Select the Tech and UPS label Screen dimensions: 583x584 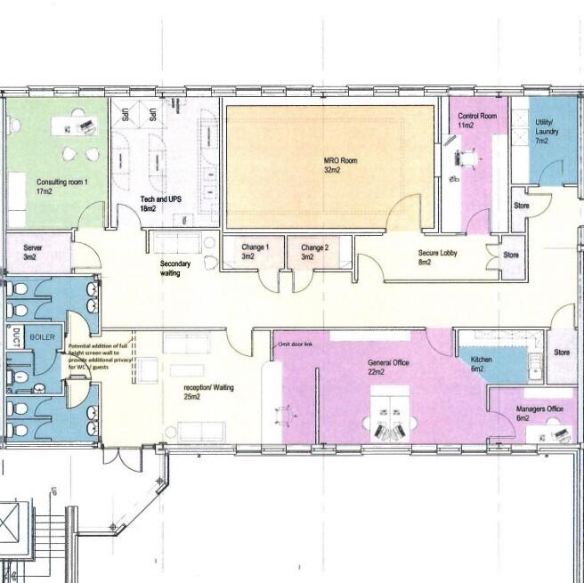pyautogui.click(x=155, y=198)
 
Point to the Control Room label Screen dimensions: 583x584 pyautogui.click(x=477, y=117)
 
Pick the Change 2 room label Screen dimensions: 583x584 pyautogui.click(x=314, y=247)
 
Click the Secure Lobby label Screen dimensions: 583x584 pyautogui.click(x=437, y=253)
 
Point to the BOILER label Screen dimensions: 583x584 pyautogui.click(x=42, y=338)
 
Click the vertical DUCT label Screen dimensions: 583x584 pyautogui.click(x=16, y=336)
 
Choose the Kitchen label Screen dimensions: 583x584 pyautogui.click(x=481, y=360)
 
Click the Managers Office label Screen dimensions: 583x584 pyautogui.click(x=540, y=409)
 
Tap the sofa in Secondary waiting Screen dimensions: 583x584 pyautogui.click(x=177, y=242)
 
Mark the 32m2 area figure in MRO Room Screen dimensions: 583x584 pyautogui.click(x=334, y=169)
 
